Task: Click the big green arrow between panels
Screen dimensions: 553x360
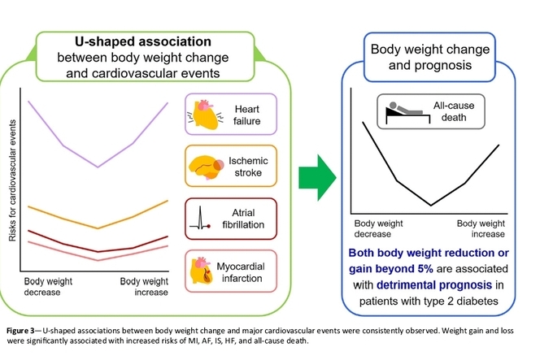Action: [317, 177]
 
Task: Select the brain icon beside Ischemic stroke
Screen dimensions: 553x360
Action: [207, 167]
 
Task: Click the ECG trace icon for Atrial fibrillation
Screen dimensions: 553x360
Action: [200, 219]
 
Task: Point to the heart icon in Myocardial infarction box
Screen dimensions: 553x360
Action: [202, 271]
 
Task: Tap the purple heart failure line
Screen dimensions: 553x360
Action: [98, 167]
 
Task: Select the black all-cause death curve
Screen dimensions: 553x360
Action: [431, 205]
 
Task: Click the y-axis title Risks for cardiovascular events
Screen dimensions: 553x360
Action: [12, 180]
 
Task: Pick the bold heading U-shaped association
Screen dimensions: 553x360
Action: [143, 41]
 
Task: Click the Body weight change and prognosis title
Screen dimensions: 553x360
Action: [430, 57]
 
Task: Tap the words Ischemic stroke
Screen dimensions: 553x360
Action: [248, 167]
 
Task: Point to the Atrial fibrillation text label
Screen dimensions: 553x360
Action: [243, 219]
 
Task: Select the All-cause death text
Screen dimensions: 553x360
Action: [454, 111]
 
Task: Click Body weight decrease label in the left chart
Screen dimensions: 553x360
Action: [48, 287]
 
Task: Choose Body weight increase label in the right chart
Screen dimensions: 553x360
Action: [481, 228]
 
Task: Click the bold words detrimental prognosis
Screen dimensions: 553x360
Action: [434, 284]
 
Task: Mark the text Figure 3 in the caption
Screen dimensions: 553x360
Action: [20, 331]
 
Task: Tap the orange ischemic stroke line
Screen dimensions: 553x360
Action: [98, 228]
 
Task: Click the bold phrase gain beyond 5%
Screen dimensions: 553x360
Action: [391, 269]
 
